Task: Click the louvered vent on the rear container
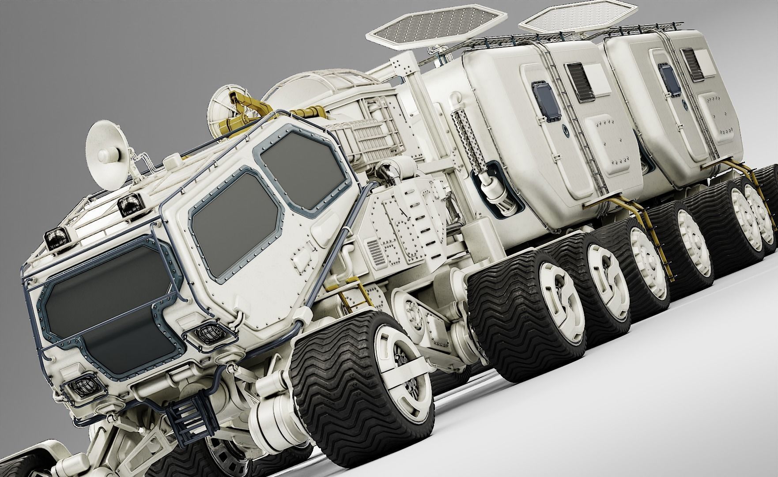[691, 67]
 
